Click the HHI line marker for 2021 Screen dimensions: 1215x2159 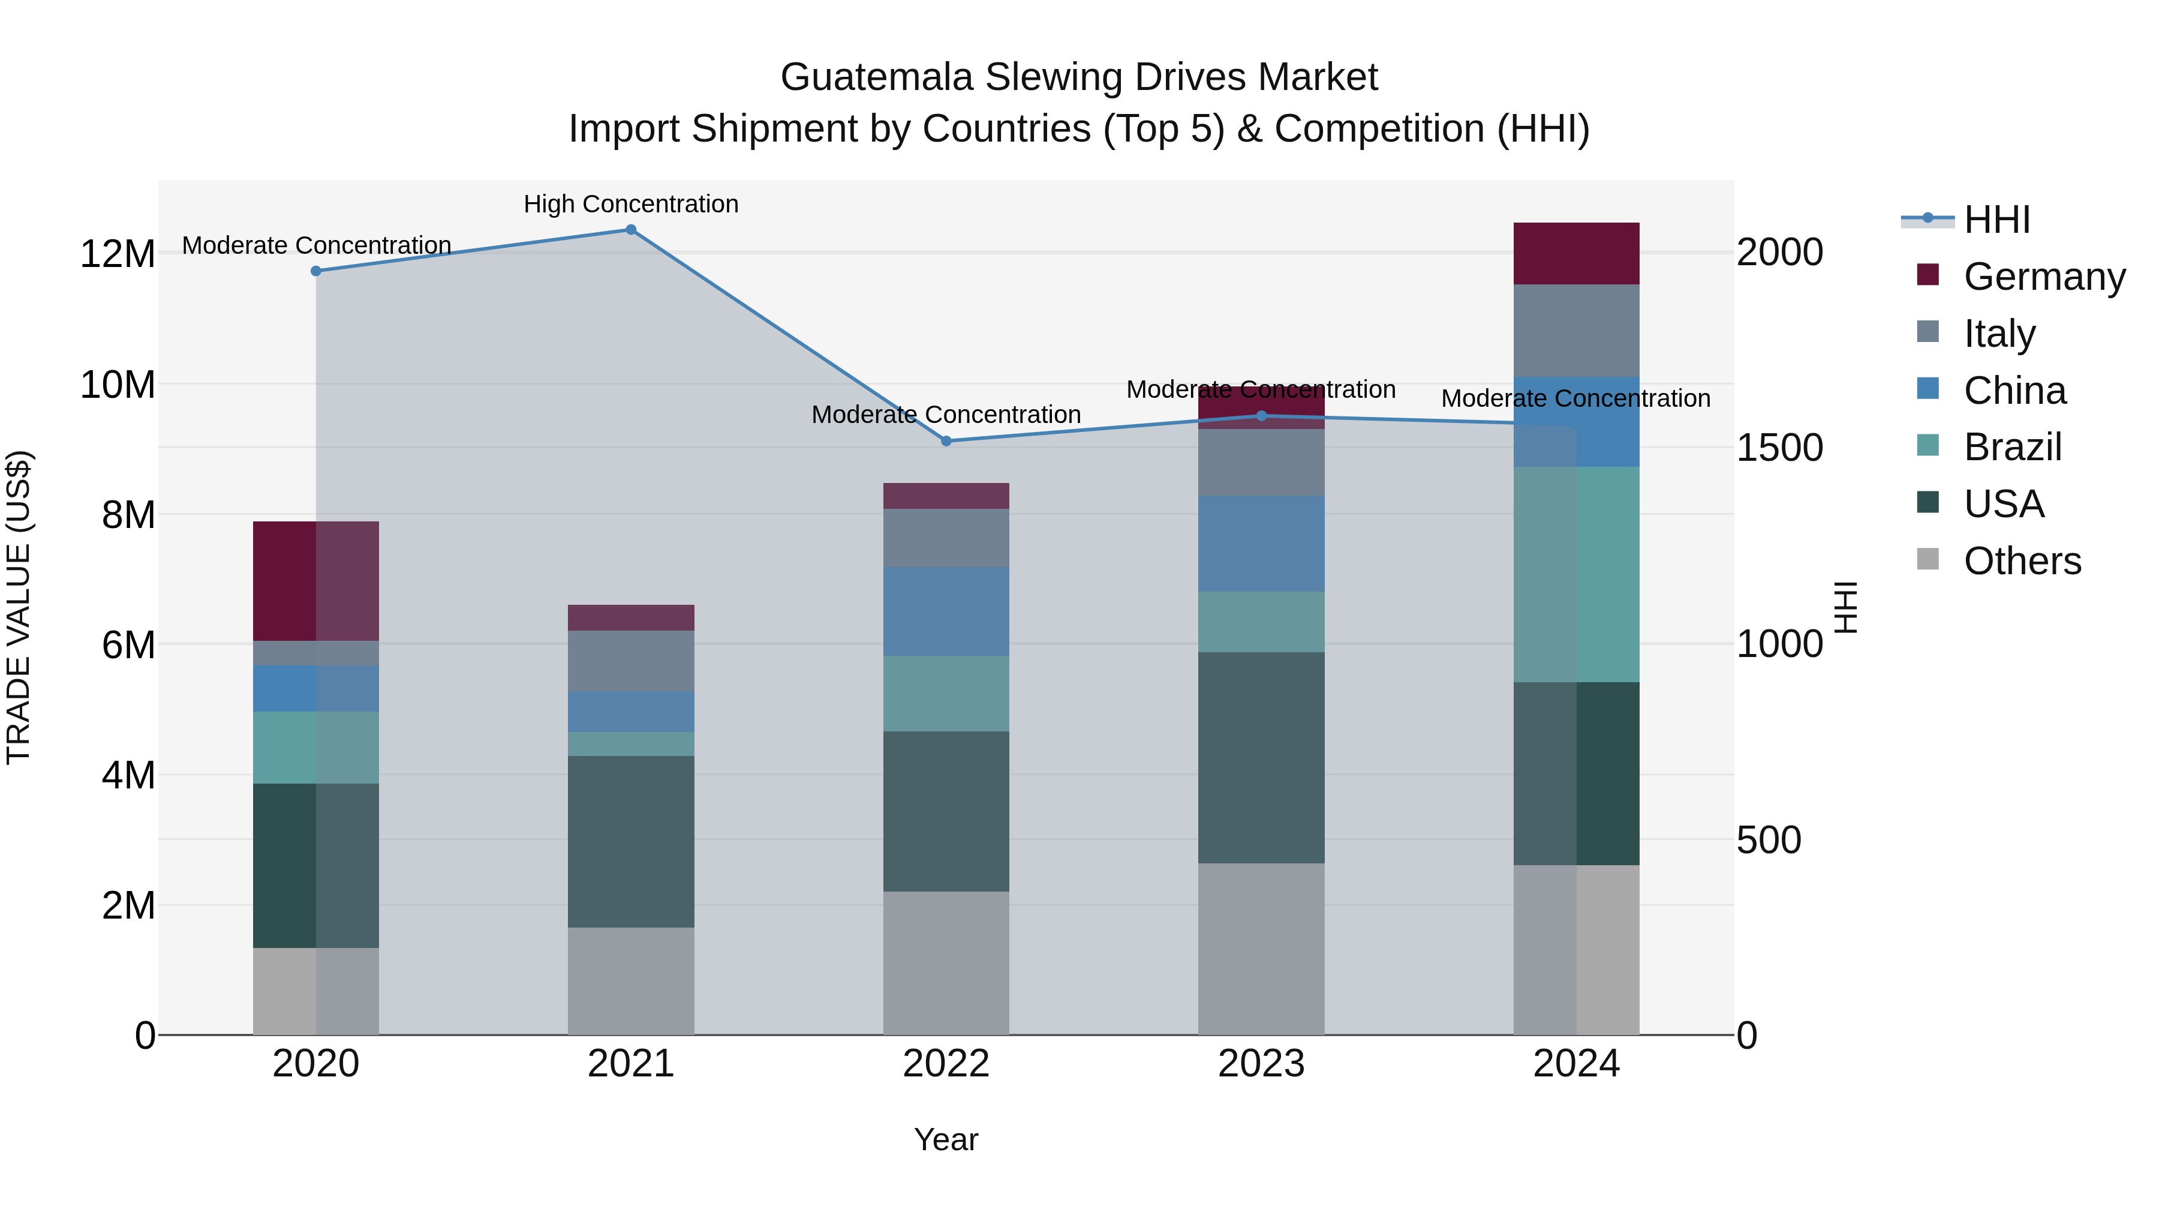(631, 230)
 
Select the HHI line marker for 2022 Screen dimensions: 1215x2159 (946, 441)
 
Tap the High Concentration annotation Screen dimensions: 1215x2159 (631, 204)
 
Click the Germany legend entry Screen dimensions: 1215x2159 (2043, 276)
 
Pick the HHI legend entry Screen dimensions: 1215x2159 (1995, 220)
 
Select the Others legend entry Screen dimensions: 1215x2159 (2022, 561)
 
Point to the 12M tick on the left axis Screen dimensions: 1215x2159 (118, 254)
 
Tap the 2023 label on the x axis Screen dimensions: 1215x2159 (1261, 1064)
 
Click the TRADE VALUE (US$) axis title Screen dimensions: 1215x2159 (19, 607)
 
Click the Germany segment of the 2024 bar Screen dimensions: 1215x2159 (1575, 253)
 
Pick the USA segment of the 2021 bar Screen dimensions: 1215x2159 (631, 841)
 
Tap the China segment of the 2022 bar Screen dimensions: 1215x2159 (946, 611)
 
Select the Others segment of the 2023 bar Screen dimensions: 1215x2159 (1261, 949)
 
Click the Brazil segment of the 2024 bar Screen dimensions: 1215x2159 (1575, 574)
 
